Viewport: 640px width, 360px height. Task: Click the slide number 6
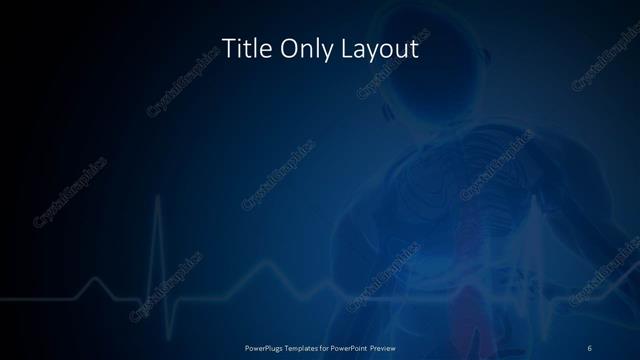(589, 347)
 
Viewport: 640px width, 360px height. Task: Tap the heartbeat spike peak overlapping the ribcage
(541, 200)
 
